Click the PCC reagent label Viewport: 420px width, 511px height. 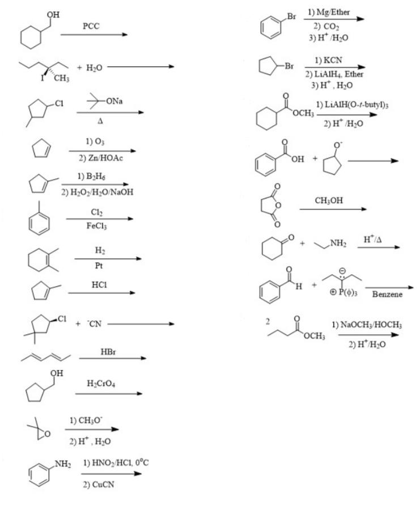91,25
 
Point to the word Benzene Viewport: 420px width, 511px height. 387,295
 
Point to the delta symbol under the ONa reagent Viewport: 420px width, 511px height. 100,120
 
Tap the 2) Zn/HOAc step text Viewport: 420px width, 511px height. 101,158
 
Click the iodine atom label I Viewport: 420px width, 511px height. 43,77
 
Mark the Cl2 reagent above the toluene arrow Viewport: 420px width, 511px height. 96,211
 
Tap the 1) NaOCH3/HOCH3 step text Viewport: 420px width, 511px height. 367,325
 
